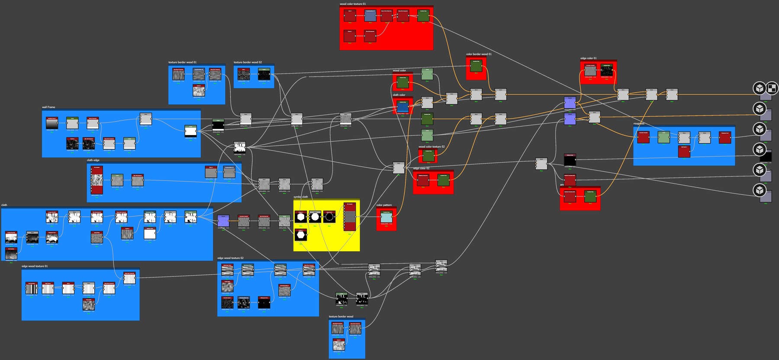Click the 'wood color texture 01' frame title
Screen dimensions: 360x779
pos(352,4)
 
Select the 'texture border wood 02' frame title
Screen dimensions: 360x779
pos(248,62)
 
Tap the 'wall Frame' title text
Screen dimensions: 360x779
pos(48,107)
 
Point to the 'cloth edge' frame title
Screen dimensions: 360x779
pos(93,160)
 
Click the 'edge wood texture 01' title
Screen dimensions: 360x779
pos(35,266)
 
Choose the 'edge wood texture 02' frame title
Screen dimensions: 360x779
pos(230,258)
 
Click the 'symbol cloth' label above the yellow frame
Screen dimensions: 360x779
pos(301,197)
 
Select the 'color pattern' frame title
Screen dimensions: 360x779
pos(384,205)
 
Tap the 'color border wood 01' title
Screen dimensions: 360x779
pos(479,54)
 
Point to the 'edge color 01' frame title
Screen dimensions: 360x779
pos(588,58)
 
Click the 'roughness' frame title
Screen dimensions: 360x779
pos(639,124)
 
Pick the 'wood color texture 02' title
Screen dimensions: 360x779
pos(431,147)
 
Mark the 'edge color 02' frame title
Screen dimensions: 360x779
pos(421,168)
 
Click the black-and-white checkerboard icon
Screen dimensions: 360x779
pos(772,88)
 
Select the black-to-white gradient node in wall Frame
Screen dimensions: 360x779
pos(52,123)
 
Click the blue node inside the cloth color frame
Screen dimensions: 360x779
pos(402,106)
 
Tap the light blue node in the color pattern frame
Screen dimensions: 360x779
pos(386,217)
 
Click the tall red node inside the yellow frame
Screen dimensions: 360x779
pos(350,216)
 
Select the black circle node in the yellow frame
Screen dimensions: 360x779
pos(329,217)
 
